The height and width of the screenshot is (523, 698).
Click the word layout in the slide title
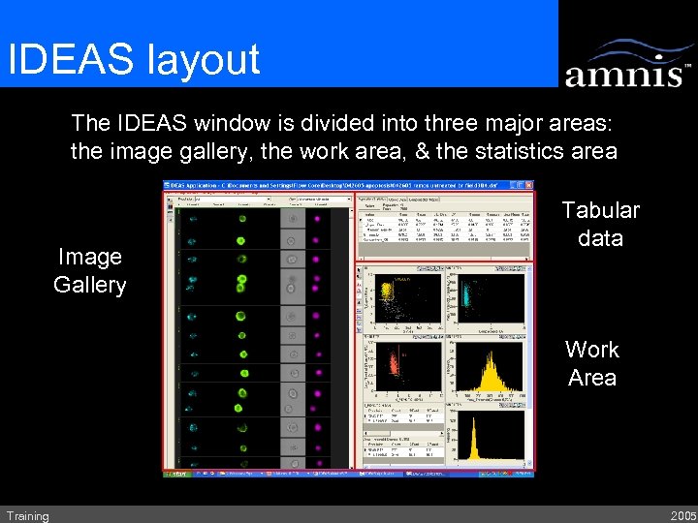[x=203, y=59]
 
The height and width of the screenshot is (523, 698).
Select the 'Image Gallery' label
[x=90, y=270]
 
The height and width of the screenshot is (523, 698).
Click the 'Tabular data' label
[x=600, y=224]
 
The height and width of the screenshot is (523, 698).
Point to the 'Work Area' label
[x=592, y=363]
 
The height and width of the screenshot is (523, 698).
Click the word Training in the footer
[x=27, y=516]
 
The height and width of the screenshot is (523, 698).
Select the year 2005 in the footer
[x=682, y=516]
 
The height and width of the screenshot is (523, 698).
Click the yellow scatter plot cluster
[x=389, y=292]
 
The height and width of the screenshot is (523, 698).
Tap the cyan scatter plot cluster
[x=472, y=293]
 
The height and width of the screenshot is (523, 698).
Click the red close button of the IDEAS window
[x=528, y=184]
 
